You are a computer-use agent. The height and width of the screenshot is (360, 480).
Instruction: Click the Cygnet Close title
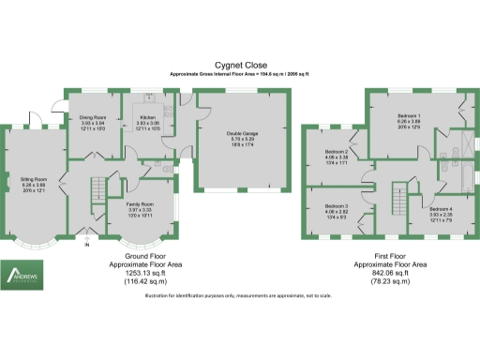[x=239, y=65]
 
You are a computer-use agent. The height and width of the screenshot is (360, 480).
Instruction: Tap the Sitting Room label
[x=33, y=174]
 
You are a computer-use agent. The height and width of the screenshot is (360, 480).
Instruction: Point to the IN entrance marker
[x=87, y=246]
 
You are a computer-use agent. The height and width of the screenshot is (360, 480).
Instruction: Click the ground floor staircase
[x=95, y=192]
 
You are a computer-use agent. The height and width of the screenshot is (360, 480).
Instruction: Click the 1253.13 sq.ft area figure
[x=153, y=272]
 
